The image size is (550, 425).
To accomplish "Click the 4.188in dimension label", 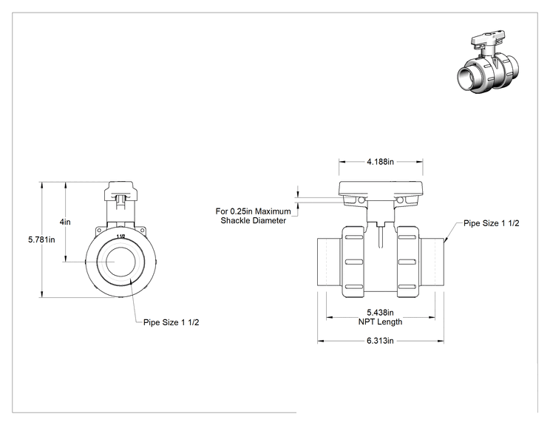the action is [380, 162].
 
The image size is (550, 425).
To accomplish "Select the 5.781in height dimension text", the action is [41, 240].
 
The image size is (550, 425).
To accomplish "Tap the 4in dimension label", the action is [65, 222].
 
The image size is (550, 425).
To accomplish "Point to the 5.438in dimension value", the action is [380, 312].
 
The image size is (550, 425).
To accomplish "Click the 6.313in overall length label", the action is [380, 341].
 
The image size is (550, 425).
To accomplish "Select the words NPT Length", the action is [380, 322].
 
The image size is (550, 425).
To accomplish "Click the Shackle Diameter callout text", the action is [254, 220].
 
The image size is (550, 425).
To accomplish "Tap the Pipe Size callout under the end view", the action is [172, 322].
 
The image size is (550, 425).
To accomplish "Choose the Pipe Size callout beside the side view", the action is [492, 223].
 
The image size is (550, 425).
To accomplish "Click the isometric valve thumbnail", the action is [488, 62].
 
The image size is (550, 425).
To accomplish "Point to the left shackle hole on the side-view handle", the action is [361, 200].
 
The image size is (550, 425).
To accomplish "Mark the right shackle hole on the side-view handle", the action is [400, 200].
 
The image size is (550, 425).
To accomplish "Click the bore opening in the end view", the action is [120, 262].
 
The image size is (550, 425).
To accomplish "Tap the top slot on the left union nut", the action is [354, 237].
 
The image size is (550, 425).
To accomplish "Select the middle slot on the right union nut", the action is [407, 262].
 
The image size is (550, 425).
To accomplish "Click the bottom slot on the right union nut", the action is [407, 287].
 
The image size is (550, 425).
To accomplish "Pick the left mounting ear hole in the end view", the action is [99, 231].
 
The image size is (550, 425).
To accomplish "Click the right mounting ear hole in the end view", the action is [142, 231].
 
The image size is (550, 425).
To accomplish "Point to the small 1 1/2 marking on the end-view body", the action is [120, 237].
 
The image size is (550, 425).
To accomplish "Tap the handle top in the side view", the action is [381, 188].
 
